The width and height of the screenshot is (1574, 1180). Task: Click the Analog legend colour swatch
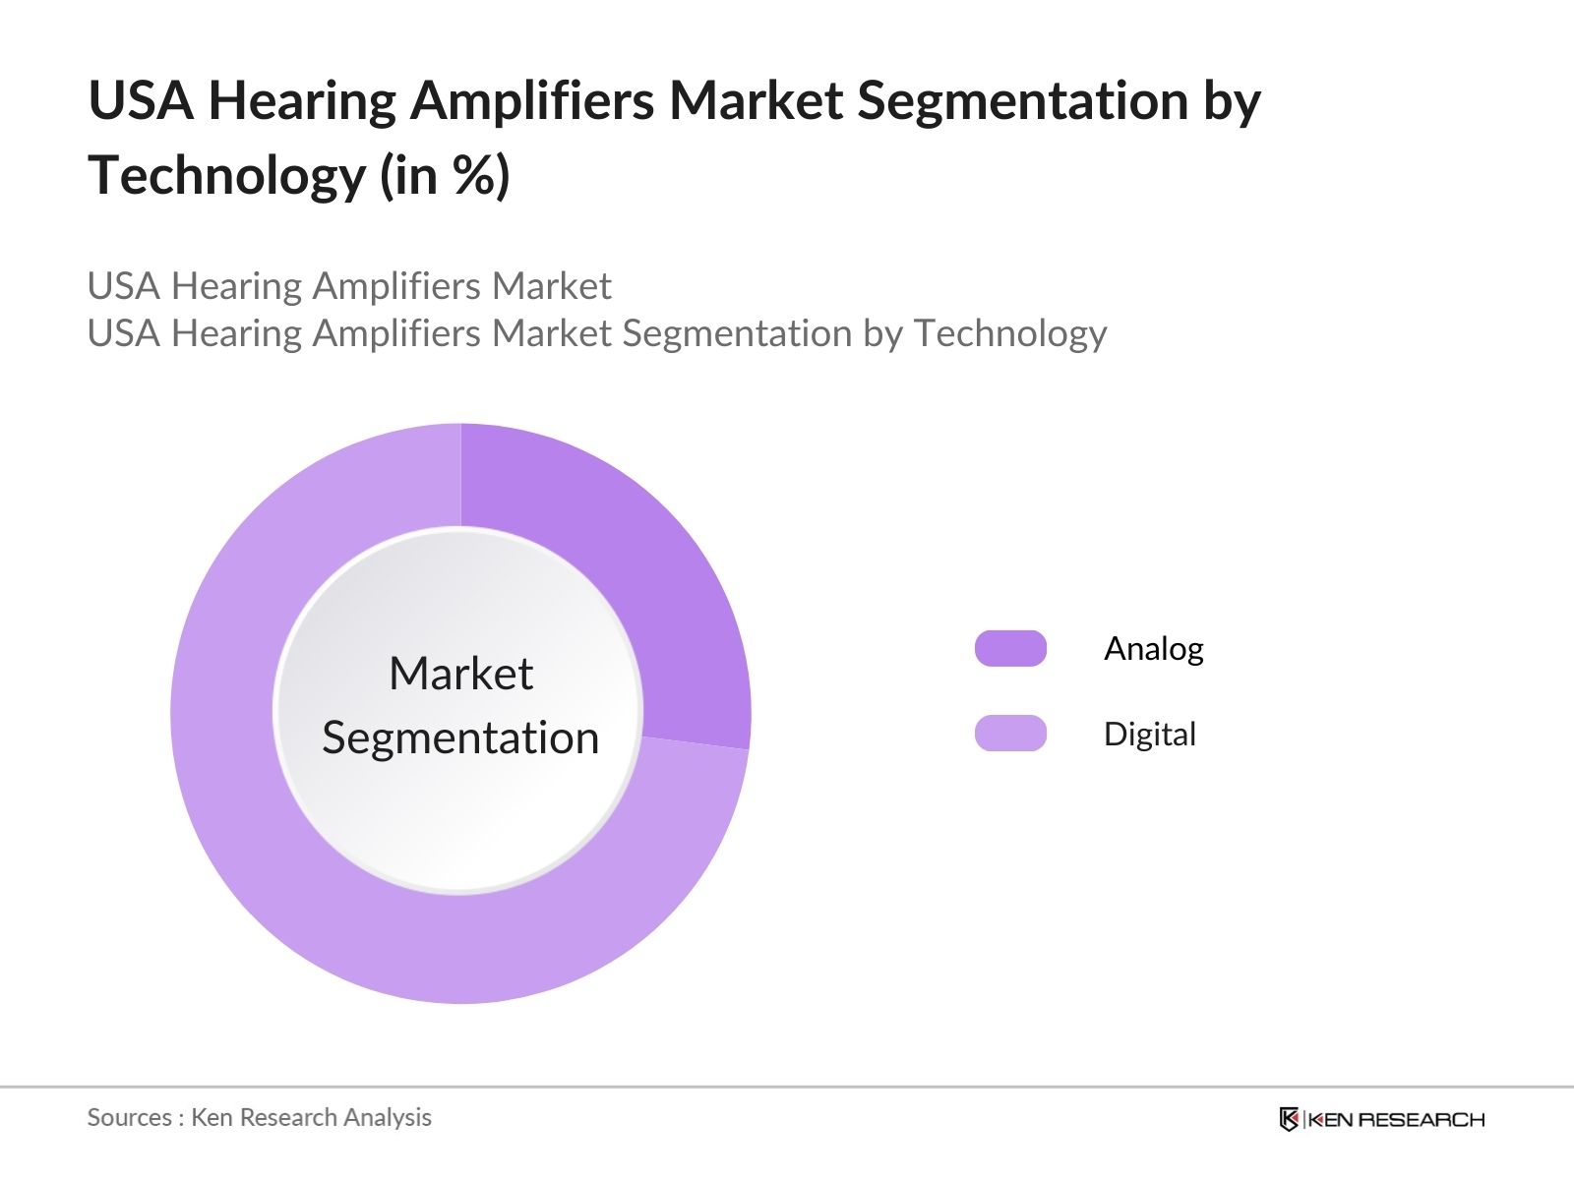[1010, 649]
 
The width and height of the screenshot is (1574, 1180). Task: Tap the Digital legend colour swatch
[1010, 734]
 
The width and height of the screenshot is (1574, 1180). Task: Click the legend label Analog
[1153, 649]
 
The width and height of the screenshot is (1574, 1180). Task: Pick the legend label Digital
[1149, 735]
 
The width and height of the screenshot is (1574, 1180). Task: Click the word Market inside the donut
[460, 675]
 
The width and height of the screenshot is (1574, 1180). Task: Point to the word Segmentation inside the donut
[460, 737]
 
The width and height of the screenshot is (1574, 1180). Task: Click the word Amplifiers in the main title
[531, 100]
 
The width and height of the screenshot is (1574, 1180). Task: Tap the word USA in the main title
[141, 100]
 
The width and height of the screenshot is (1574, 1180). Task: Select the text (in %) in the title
[445, 176]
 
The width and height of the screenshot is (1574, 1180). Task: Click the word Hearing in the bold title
[301, 100]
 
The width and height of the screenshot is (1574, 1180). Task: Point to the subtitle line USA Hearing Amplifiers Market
[349, 286]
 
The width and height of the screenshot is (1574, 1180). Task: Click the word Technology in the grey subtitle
[1009, 333]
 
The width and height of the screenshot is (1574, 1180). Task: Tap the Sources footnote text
[259, 1117]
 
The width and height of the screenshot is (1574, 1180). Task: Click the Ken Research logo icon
[1289, 1119]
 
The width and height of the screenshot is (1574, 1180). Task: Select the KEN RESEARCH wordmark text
[1396, 1119]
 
